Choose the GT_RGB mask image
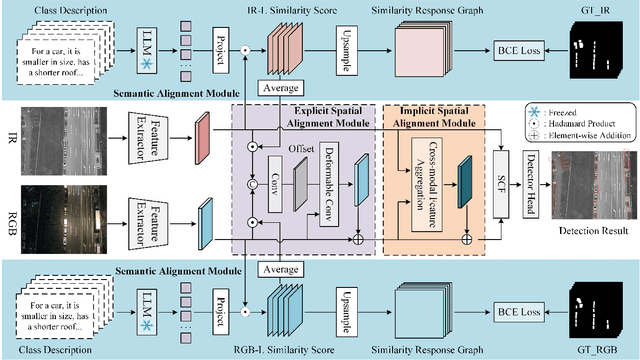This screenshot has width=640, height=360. click(x=595, y=312)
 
